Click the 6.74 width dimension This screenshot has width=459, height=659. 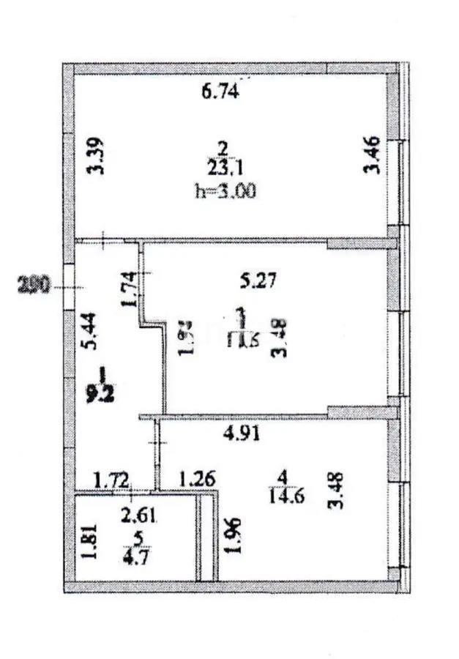point(220,92)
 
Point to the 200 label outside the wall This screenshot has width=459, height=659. point(33,286)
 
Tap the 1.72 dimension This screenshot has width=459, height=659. point(111,480)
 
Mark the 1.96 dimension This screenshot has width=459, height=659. point(233,537)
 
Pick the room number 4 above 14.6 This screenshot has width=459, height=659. point(284,477)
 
